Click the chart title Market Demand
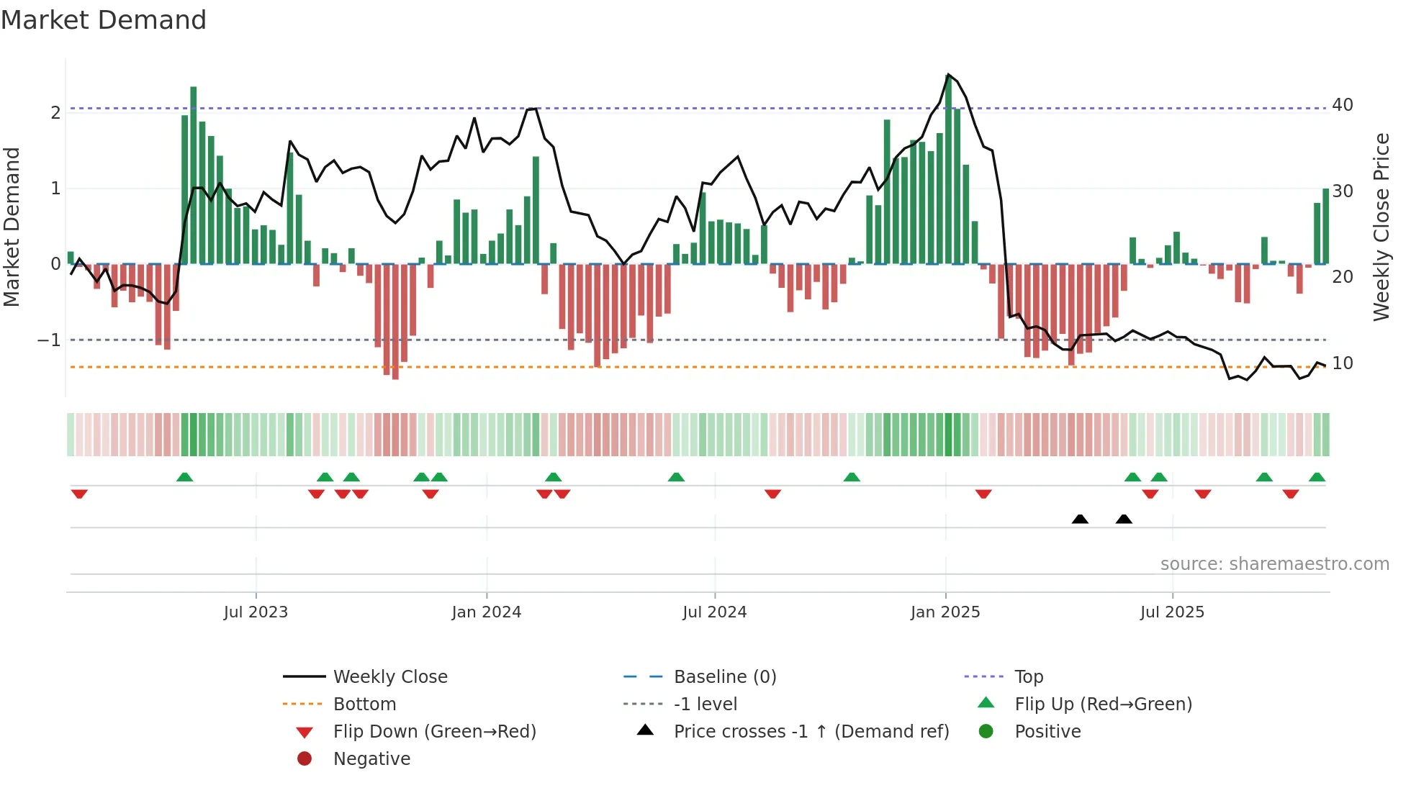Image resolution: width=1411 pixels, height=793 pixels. point(104,20)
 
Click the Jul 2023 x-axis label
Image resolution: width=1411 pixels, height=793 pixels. point(256,612)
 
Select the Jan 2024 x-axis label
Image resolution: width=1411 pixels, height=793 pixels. point(486,612)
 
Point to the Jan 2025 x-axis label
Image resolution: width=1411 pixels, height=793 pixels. point(945,612)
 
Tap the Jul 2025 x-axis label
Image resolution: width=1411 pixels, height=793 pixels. point(1172,612)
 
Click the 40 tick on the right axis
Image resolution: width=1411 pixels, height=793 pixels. point(1342,105)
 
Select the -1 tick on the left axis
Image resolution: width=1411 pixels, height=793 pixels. point(49,340)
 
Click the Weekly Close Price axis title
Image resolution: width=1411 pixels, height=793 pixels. point(1381,227)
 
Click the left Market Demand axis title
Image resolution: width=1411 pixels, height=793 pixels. point(12,227)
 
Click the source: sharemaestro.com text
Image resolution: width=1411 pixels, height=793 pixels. point(1274,564)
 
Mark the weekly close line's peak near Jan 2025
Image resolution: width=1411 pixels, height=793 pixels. point(948,75)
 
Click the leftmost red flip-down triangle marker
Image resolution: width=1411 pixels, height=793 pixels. point(79,494)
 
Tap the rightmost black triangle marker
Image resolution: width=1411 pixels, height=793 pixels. point(1124,519)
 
